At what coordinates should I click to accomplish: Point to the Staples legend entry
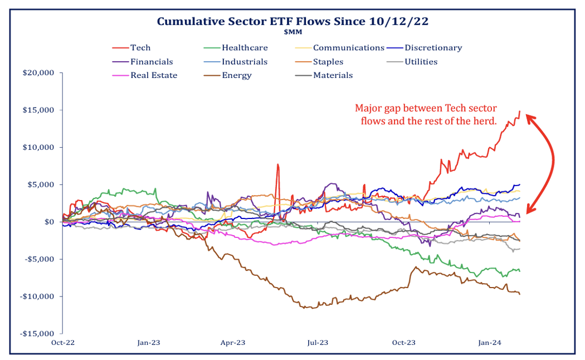coord(328,62)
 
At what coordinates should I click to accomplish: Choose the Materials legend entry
coord(333,75)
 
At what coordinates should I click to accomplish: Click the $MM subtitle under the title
coord(292,32)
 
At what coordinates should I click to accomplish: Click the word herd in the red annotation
coord(486,121)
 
